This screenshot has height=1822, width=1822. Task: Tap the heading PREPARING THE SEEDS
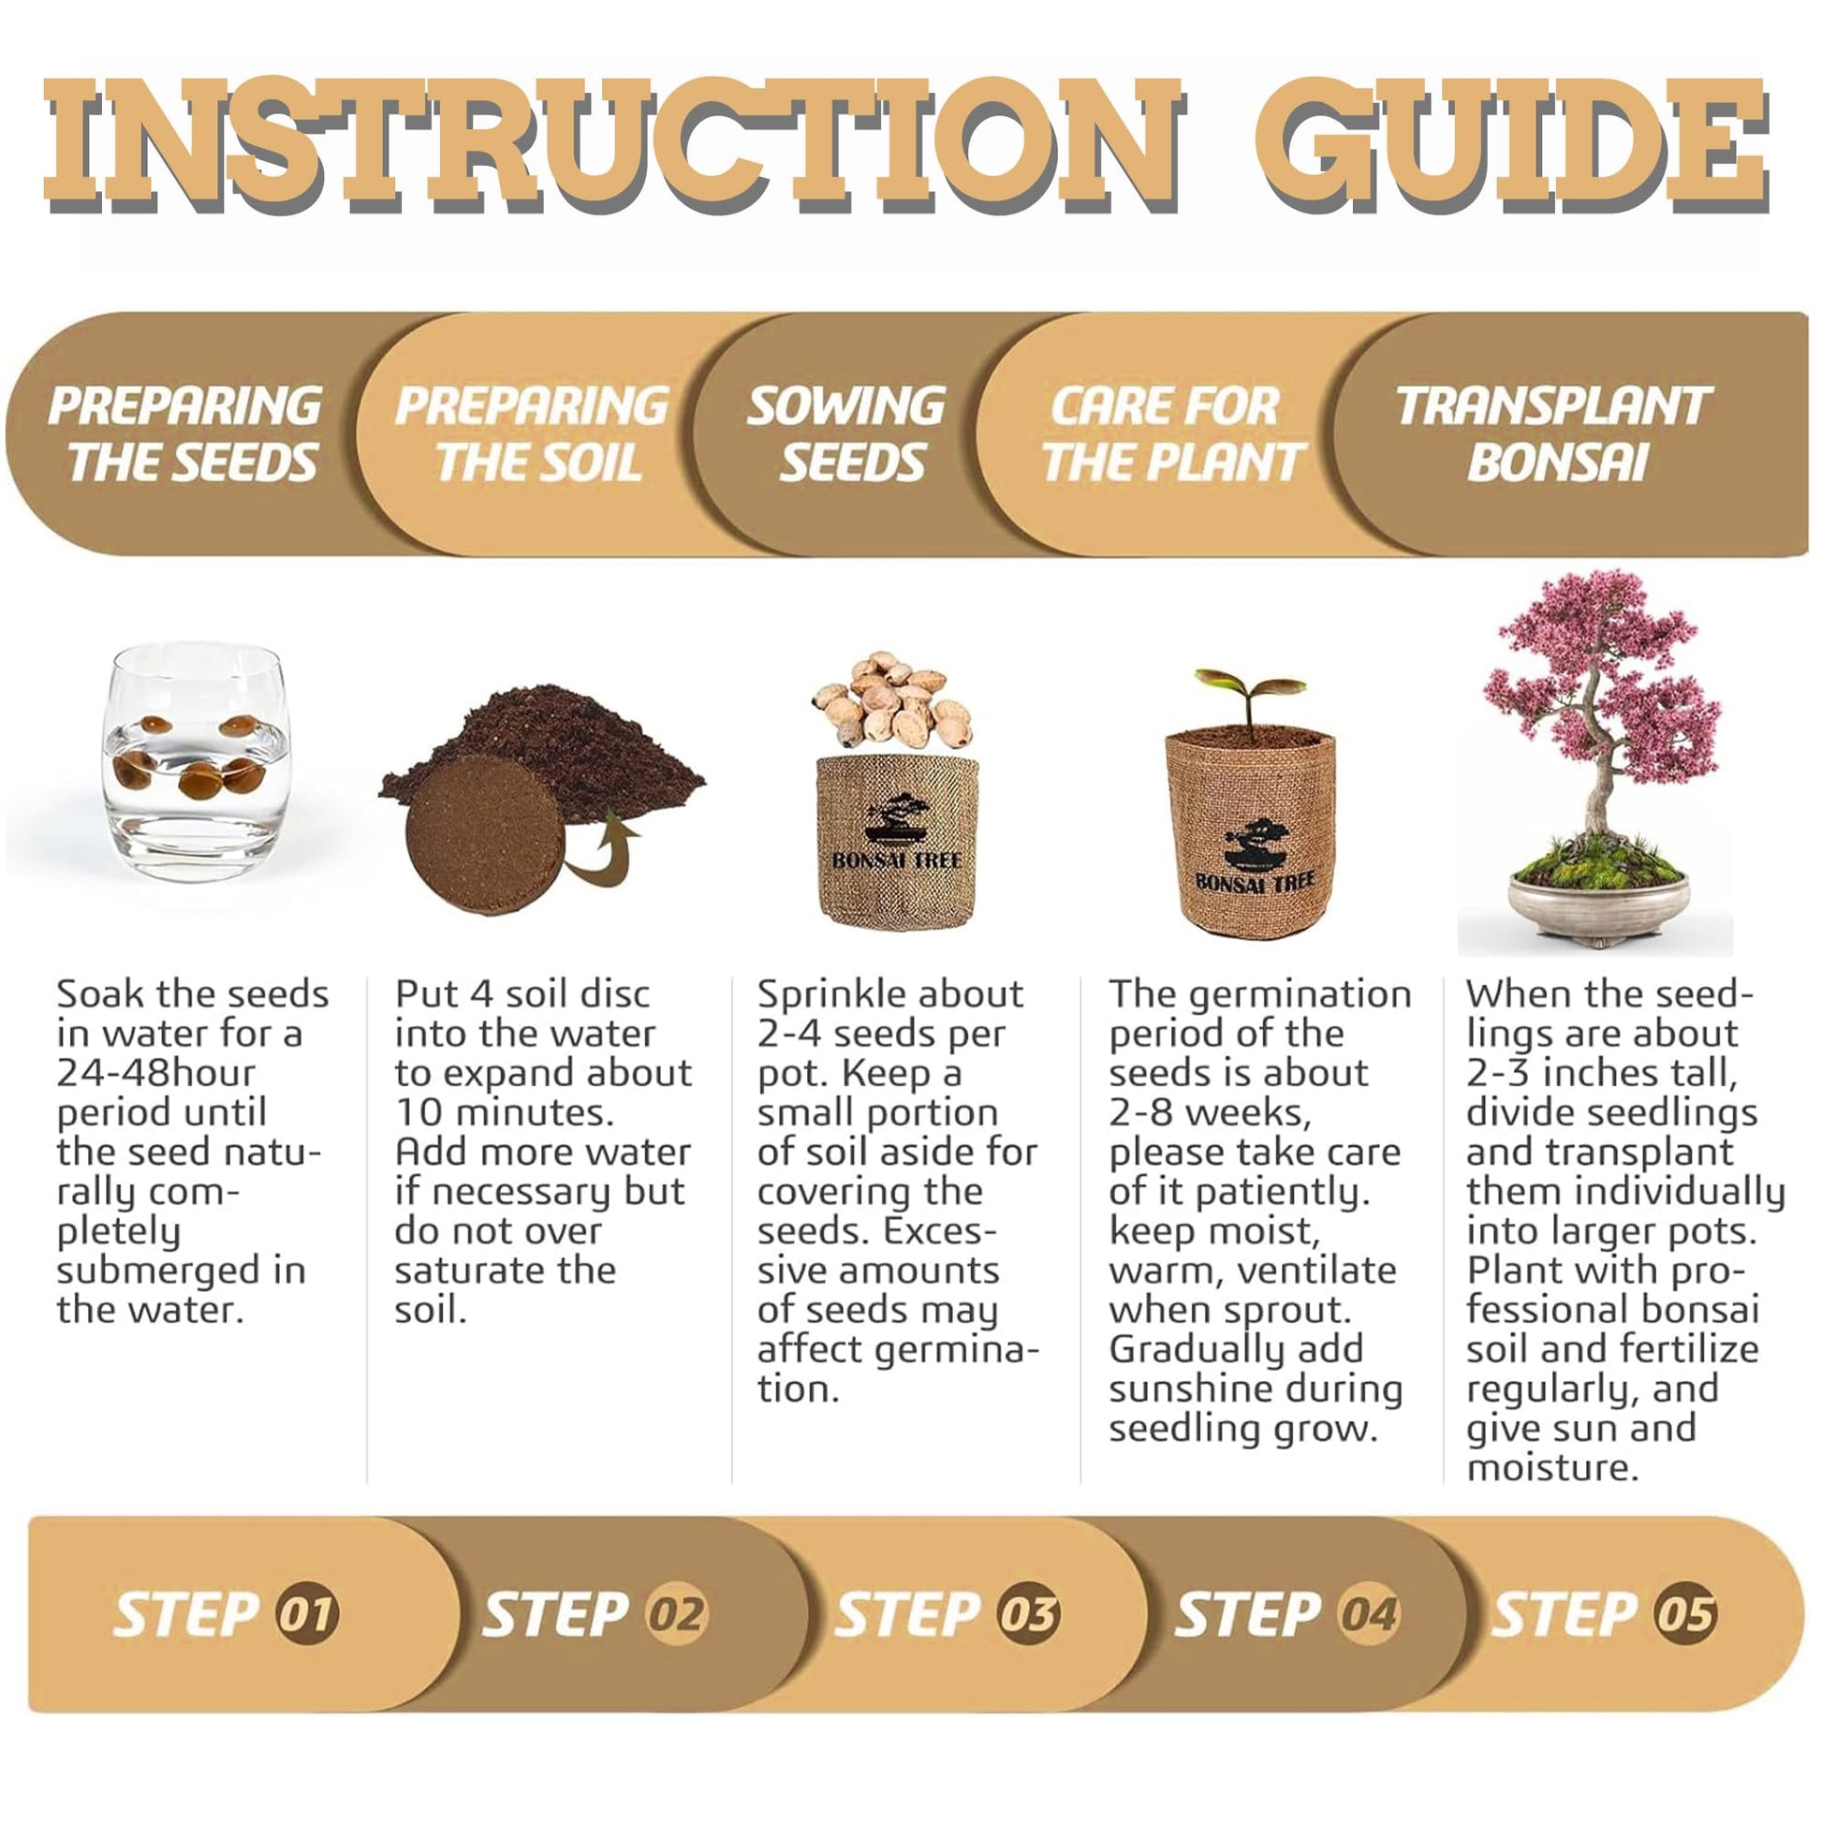coord(185,434)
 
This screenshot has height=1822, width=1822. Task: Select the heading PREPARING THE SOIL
coord(533,434)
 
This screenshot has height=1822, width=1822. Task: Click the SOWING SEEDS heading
coord(847,434)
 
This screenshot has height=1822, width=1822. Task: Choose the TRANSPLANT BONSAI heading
coord(1553,434)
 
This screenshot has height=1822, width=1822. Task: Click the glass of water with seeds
coord(195,762)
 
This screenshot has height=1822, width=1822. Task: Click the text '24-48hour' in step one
coord(156,1072)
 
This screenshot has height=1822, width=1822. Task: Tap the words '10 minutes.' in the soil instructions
coord(505,1112)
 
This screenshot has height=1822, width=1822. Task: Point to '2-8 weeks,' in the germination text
coord(1210,1112)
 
